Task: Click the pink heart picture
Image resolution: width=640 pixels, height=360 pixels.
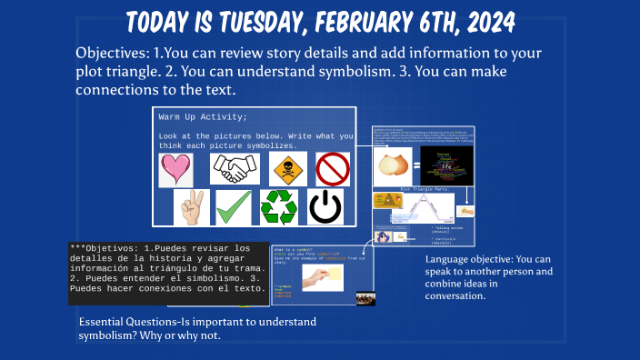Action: coord(176,169)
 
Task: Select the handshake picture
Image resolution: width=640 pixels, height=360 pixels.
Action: coord(235,168)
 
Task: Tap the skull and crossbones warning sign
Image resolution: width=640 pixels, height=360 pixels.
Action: coord(285,168)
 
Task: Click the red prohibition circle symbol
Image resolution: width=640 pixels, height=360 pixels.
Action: coord(333,169)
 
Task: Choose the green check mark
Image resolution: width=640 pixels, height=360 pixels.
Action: coord(234,207)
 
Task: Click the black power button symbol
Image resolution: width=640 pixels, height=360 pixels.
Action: coord(325,207)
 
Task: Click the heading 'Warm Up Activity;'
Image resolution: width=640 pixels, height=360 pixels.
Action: coord(203,117)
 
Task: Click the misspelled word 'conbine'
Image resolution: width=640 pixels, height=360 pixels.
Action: coord(446,283)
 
